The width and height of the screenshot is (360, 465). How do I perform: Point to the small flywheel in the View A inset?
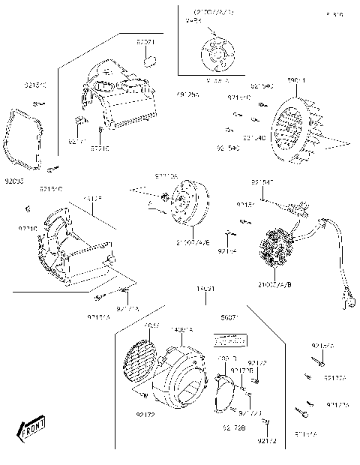click(x=216, y=53)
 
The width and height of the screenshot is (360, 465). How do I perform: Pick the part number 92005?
click(x=13, y=180)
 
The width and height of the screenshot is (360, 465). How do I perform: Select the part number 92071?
click(x=145, y=43)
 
